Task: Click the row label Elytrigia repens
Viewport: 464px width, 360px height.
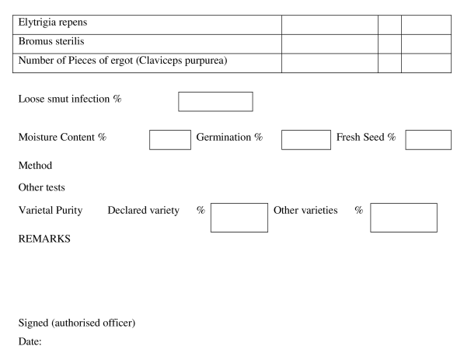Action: [53, 23]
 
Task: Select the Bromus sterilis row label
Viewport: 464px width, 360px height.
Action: [51, 41]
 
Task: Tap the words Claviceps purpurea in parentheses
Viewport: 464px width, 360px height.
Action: [181, 61]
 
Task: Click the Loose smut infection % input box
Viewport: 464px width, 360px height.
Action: [215, 102]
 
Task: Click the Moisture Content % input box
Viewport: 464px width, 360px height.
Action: [170, 140]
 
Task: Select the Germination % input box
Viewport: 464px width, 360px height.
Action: [306, 140]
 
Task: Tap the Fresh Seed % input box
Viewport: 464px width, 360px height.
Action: [428, 140]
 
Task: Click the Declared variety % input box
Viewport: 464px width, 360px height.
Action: [239, 218]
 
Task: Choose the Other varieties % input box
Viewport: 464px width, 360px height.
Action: [403, 218]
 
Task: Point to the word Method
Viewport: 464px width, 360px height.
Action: [35, 165]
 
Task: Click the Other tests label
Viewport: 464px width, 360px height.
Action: [42, 187]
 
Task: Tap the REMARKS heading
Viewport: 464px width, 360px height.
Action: [44, 239]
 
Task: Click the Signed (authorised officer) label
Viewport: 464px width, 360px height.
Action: [77, 323]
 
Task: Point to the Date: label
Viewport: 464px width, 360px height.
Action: [30, 341]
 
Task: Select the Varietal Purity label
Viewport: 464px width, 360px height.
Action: [51, 210]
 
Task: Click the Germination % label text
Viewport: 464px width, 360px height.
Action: [229, 137]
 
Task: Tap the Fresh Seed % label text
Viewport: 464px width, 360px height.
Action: [366, 137]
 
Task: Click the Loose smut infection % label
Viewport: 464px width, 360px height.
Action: [70, 99]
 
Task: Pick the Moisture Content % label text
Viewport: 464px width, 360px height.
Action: [62, 137]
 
